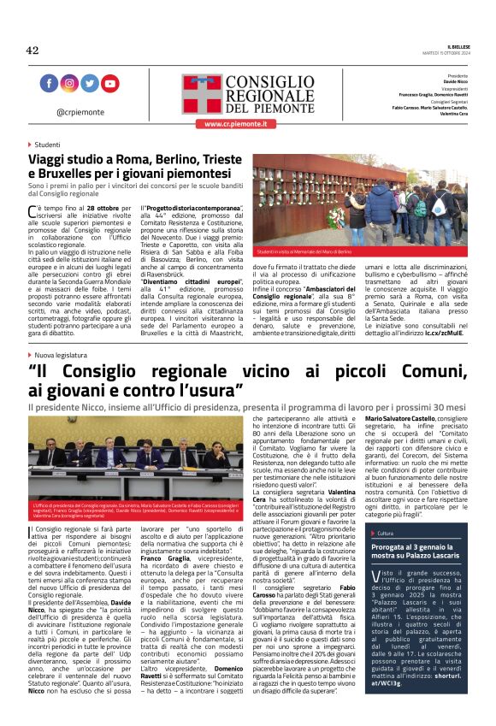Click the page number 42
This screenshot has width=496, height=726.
pyautogui.click(x=32, y=50)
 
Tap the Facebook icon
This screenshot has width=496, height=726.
pyautogui.click(x=49, y=83)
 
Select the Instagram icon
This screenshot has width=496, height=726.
pyautogui.click(x=69, y=83)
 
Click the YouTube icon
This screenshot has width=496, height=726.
pyautogui.click(x=110, y=83)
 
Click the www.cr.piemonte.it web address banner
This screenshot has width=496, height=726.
pyautogui.click(x=237, y=124)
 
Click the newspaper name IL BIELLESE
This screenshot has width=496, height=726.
pyautogui.click(x=458, y=46)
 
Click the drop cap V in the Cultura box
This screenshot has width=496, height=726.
pyautogui.click(x=377, y=553)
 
